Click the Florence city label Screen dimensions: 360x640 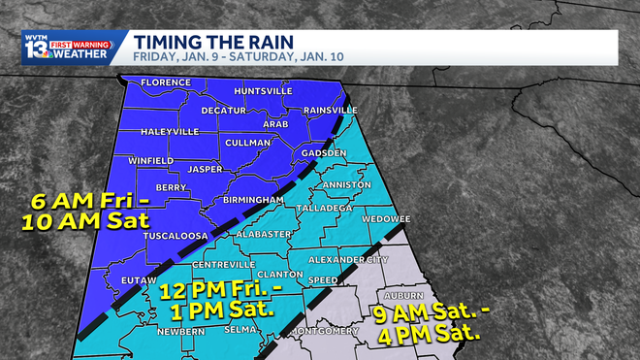[165, 82]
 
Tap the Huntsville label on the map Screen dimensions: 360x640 [263, 90]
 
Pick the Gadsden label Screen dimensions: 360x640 [323, 153]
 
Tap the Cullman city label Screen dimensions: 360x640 [245, 143]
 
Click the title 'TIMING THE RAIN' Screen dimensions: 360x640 [208, 42]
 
